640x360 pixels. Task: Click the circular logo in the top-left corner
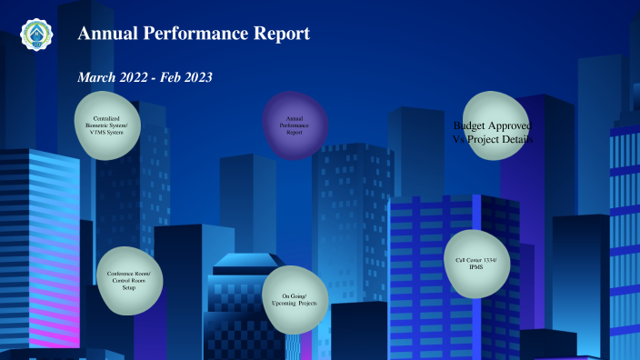[36, 34]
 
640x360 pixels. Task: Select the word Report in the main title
[283, 35]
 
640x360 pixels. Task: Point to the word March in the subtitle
[96, 78]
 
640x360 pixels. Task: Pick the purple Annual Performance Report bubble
[295, 125]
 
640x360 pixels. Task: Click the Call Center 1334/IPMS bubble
[476, 264]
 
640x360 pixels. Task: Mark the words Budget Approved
[492, 125]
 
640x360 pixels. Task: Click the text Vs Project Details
[492, 140]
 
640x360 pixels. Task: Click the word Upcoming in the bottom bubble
[295, 304]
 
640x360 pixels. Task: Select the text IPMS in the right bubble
[476, 268]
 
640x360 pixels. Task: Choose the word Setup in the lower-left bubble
[129, 288]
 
